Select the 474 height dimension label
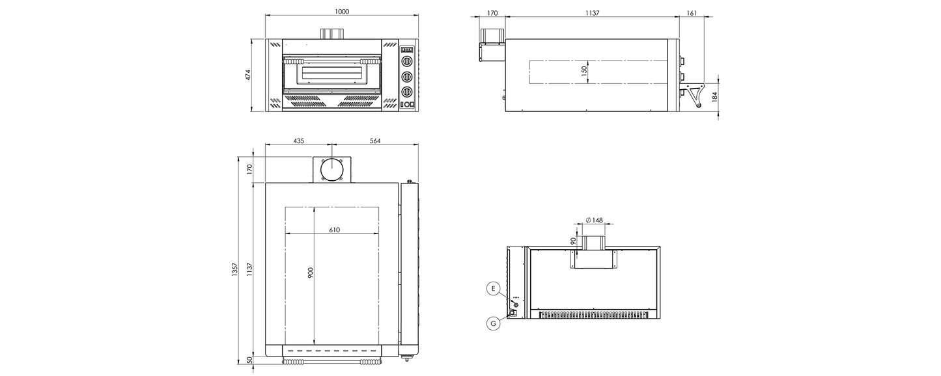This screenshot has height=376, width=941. [x=247, y=75]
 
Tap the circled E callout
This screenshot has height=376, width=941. [x=493, y=288]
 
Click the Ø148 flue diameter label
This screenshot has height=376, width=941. [x=594, y=220]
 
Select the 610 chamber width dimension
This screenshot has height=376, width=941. [x=334, y=230]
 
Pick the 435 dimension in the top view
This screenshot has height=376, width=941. [x=298, y=141]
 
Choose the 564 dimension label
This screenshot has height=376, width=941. [x=374, y=141]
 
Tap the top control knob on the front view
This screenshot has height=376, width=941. [x=407, y=62]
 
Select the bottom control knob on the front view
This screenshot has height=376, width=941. [x=407, y=91]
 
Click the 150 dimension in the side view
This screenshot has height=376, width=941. [x=584, y=71]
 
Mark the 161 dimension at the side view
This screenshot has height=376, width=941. [x=692, y=12]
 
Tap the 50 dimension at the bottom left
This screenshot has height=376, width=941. [x=249, y=360]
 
